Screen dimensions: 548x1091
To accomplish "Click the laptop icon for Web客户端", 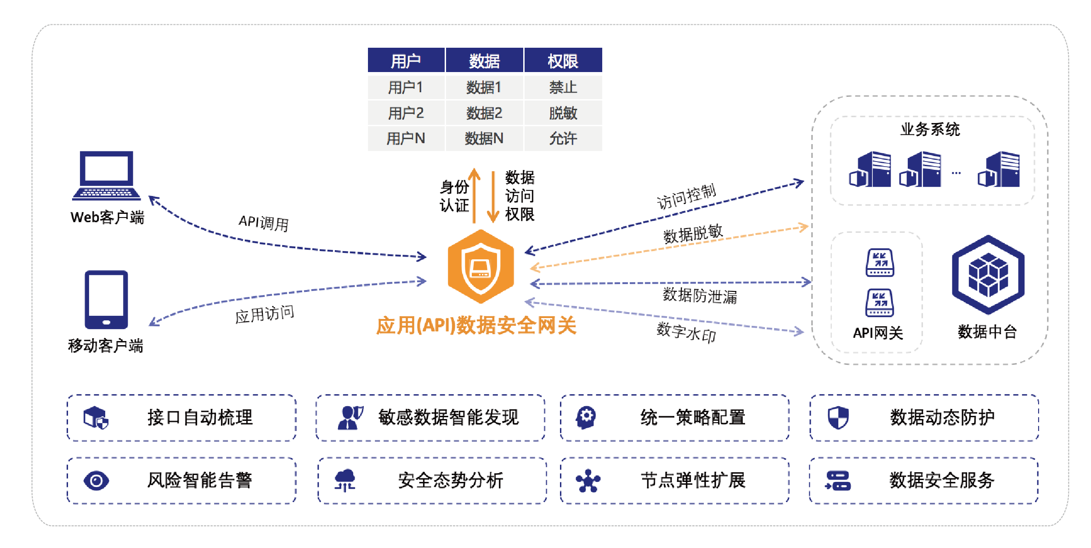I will (106, 176).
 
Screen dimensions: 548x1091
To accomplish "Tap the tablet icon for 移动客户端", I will (106, 300).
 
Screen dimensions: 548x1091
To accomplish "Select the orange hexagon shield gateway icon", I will (480, 266).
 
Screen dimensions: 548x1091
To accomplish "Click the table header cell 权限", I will (563, 61).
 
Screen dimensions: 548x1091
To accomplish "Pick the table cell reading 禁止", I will (563, 87).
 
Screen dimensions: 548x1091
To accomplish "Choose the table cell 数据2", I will (484, 113).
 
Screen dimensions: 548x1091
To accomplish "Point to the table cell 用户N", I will (406, 138).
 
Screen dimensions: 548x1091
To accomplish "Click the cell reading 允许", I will (563, 138).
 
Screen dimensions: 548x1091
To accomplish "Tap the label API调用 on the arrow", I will (263, 223).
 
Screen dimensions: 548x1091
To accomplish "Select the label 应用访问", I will (264, 314).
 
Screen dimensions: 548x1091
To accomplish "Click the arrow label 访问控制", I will (686, 197).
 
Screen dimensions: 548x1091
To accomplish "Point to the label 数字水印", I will (686, 331).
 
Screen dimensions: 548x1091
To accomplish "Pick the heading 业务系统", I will (930, 129).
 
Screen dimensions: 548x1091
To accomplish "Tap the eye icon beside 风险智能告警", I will (96, 481).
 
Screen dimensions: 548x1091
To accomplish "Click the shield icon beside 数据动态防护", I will (838, 418).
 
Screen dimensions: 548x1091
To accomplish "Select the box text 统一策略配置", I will (693, 418).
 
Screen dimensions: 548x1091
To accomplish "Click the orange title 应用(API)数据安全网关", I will (476, 326).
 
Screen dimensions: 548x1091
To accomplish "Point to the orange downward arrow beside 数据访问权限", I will (493, 197).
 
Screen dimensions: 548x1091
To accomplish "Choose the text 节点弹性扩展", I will (693, 481).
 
